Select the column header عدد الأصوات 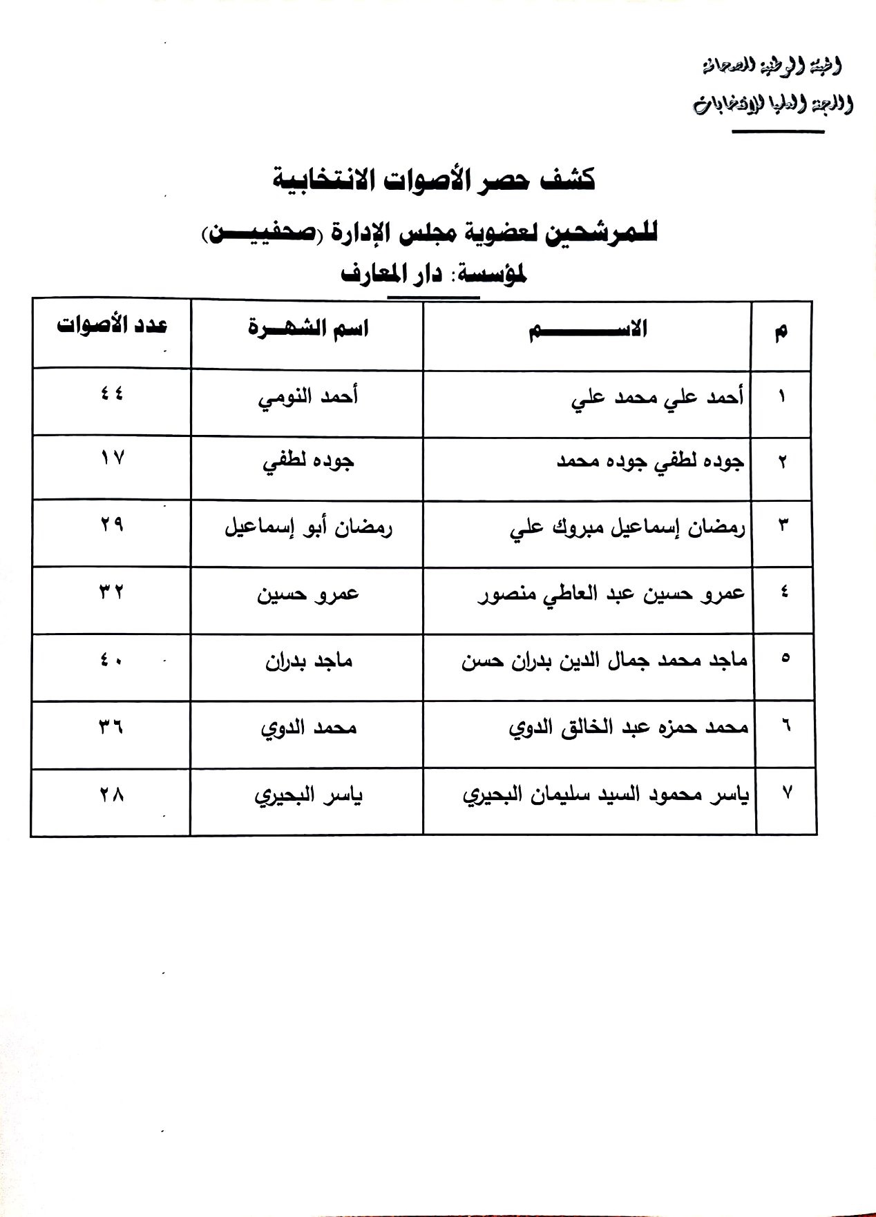(112, 326)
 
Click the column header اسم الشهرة (308, 327)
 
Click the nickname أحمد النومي (307, 398)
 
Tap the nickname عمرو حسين (308, 594)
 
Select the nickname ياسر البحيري (308, 796)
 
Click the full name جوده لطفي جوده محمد (650, 463)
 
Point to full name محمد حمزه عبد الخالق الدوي (628, 728)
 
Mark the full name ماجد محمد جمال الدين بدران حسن (604, 661)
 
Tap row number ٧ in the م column (786, 793)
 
